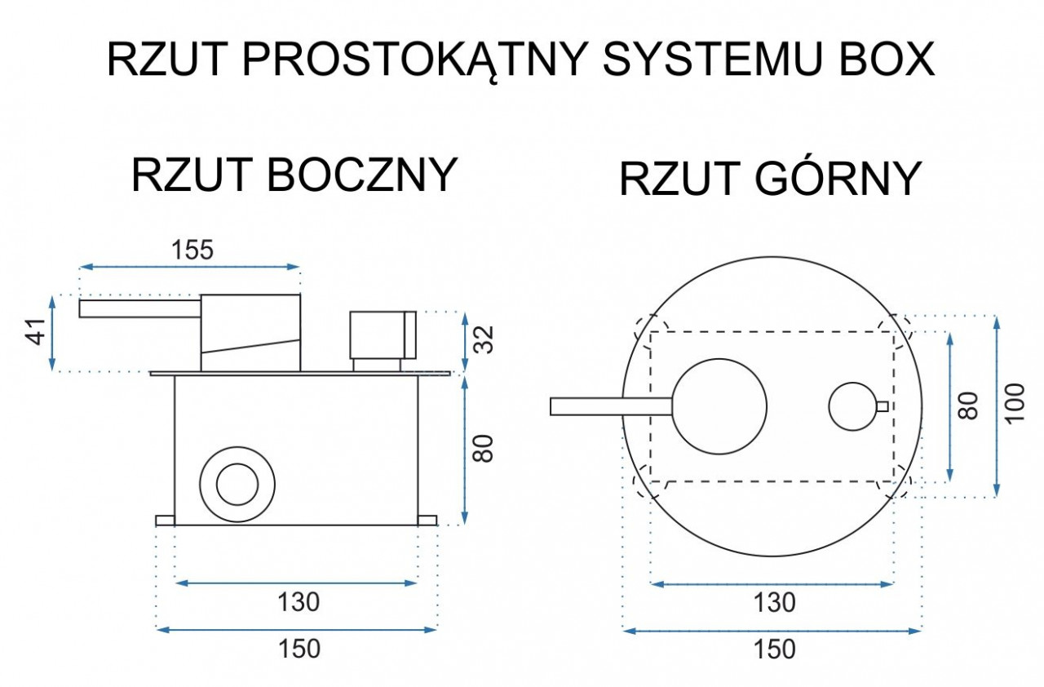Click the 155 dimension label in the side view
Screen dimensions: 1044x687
pyautogui.click(x=192, y=250)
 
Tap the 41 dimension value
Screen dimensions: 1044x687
pyautogui.click(x=38, y=332)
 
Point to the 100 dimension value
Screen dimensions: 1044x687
pyautogui.click(x=1015, y=404)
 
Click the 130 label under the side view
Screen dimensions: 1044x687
pyautogui.click(x=299, y=601)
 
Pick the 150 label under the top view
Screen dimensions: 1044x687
pyautogui.click(x=775, y=649)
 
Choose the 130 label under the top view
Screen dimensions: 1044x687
pyautogui.click(x=775, y=602)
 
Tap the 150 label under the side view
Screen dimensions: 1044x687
pyautogui.click(x=299, y=649)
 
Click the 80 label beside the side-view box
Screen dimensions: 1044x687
pyautogui.click(x=483, y=449)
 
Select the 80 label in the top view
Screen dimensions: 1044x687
pyautogui.click(x=968, y=406)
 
